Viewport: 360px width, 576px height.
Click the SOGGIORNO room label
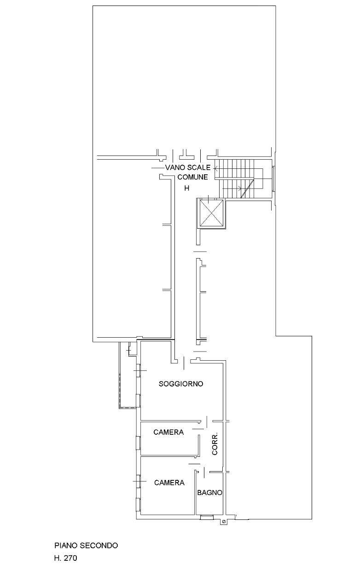(180, 384)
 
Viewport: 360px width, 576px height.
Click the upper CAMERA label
(168, 432)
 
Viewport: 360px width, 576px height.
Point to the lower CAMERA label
(169, 483)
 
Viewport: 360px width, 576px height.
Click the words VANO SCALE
(187, 167)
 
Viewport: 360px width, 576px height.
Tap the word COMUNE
(192, 177)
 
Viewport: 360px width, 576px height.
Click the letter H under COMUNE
(187, 189)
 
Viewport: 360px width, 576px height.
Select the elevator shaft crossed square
(211, 213)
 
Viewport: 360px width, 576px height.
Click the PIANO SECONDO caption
(86, 545)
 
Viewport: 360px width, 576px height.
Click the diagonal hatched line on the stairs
(247, 189)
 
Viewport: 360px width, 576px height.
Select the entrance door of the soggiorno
(184, 363)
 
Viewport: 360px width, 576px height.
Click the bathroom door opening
(204, 472)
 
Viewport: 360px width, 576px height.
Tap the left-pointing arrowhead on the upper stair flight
(216, 169)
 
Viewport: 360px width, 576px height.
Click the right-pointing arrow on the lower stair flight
(232, 189)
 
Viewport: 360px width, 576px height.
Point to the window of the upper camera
(138, 443)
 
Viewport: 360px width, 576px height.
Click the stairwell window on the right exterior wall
(273, 179)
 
